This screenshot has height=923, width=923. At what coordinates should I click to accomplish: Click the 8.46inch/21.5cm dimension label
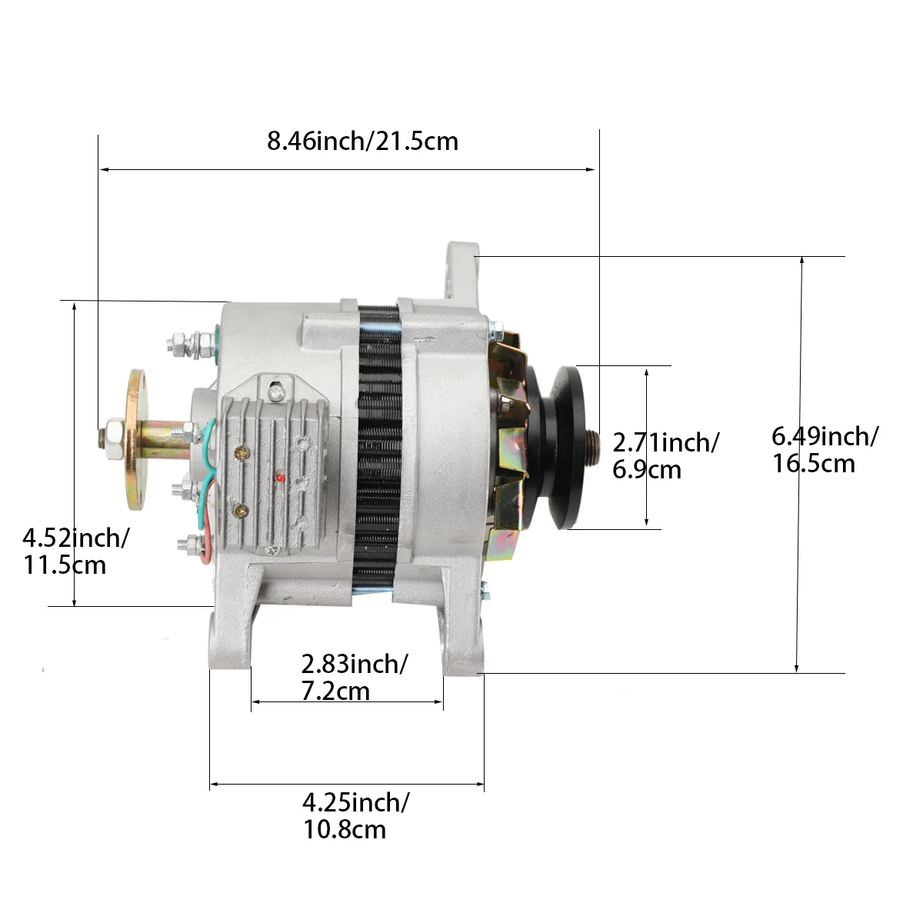(x=362, y=142)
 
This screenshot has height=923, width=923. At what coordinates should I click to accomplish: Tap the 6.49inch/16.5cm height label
(x=824, y=450)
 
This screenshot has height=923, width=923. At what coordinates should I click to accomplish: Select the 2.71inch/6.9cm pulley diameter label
(x=665, y=455)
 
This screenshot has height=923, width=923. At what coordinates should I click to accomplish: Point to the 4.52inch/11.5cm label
(x=75, y=551)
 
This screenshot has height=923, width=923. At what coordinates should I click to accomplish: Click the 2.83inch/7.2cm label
(x=353, y=677)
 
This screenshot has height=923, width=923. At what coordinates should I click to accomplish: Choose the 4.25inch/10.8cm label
(x=355, y=815)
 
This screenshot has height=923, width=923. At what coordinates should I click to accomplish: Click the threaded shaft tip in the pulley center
(x=595, y=446)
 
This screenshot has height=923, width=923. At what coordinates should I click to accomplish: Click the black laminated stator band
(x=379, y=446)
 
